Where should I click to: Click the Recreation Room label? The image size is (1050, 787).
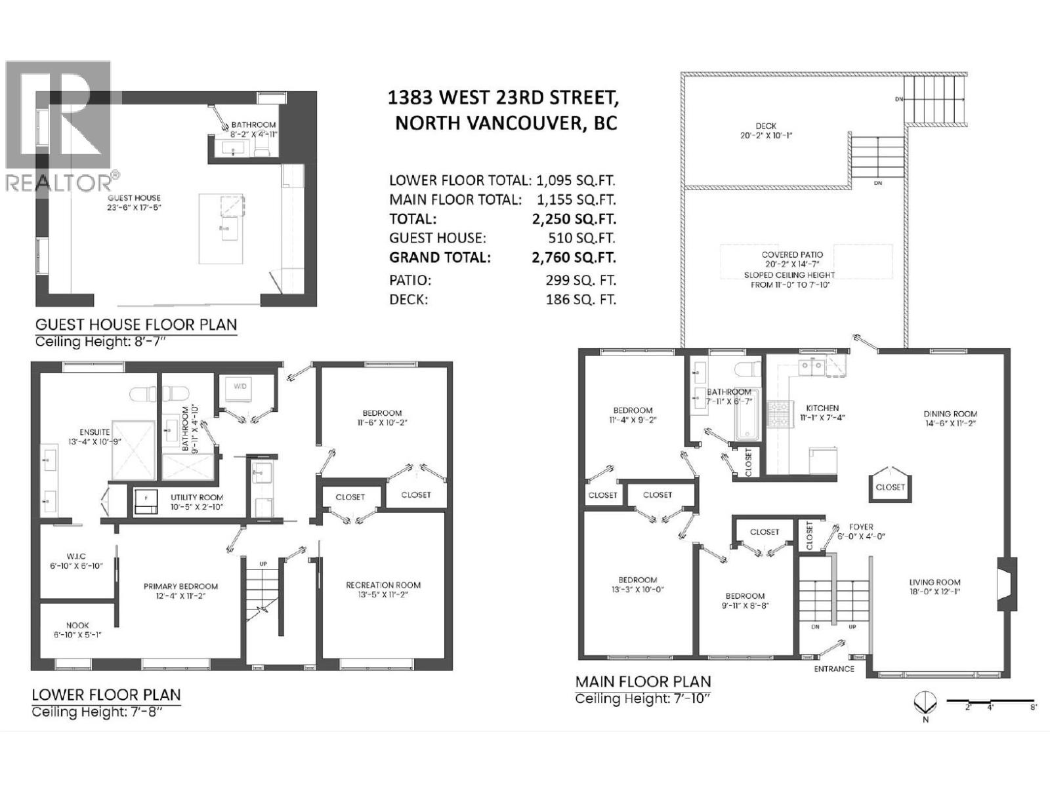pyautogui.click(x=383, y=585)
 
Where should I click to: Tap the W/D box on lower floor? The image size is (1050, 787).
pyautogui.click(x=240, y=386)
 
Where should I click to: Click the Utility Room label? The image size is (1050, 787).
pyautogui.click(x=196, y=497)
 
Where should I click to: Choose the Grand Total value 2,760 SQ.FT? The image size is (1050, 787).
pyautogui.click(x=574, y=258)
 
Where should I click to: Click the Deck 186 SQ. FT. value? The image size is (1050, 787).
pyautogui.click(x=581, y=300)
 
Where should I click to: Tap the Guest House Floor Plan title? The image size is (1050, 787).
pyautogui.click(x=136, y=324)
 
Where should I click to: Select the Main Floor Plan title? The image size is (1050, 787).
pyautogui.click(x=642, y=681)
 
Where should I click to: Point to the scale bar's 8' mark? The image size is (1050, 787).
pyautogui.click(x=1032, y=708)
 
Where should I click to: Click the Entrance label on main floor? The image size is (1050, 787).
pyautogui.click(x=834, y=668)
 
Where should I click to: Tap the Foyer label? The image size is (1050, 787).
pyautogui.click(x=861, y=527)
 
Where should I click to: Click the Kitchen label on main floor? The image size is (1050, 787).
pyautogui.click(x=823, y=408)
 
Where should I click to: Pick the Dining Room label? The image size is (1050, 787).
pyautogui.click(x=950, y=414)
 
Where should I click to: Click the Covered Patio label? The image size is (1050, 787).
pyautogui.click(x=792, y=254)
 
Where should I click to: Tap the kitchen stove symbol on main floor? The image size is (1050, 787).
pyautogui.click(x=777, y=414)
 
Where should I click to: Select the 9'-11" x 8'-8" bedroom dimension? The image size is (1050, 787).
pyautogui.click(x=745, y=605)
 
